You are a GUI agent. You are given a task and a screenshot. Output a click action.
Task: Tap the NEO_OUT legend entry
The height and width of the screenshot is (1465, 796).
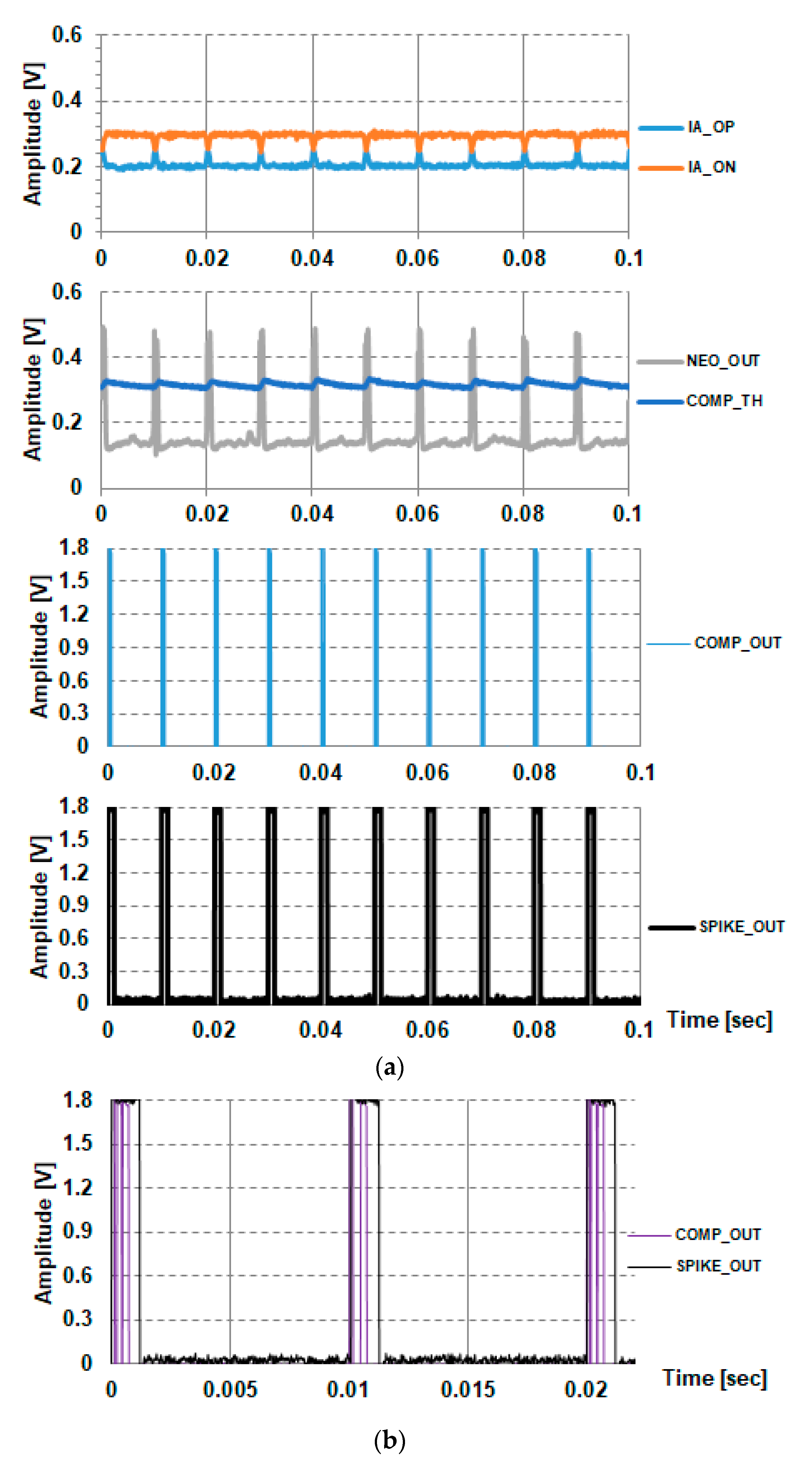[723, 360]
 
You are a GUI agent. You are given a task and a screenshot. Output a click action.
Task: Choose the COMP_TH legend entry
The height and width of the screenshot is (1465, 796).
[724, 401]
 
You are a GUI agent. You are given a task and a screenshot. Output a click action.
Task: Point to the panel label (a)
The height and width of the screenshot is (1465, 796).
[390, 1067]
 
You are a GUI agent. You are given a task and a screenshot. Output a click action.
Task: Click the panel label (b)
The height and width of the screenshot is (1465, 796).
[390, 1440]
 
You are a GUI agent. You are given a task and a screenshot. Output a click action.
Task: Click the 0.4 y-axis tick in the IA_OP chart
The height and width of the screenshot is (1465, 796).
[67, 101]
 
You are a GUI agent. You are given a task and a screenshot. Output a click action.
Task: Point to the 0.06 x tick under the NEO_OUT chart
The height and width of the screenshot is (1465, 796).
[417, 514]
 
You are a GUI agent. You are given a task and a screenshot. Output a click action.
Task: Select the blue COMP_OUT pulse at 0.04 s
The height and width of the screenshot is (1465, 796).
[323, 647]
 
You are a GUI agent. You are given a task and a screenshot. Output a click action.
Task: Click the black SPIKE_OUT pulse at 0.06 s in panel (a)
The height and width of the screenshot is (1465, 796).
[430, 904]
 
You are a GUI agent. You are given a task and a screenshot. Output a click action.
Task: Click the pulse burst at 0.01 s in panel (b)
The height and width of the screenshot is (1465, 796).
[364, 1228]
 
